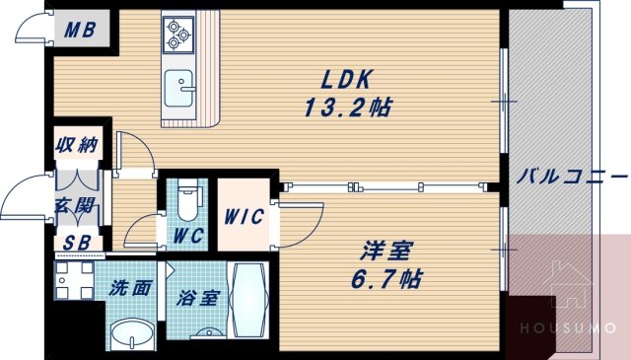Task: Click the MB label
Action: [80, 29]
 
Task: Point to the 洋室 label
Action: [386, 250]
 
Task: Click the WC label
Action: [186, 237]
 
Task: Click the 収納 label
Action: [76, 146]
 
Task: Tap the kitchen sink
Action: [179, 88]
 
